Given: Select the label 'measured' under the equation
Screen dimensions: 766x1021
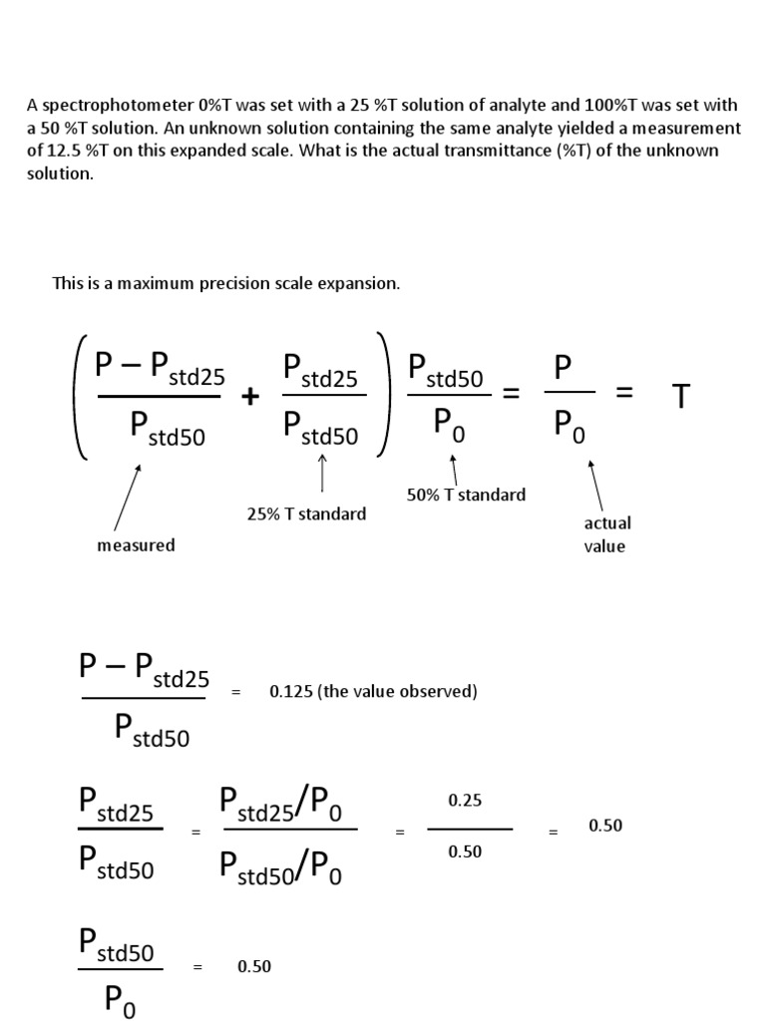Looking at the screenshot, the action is click(136, 545).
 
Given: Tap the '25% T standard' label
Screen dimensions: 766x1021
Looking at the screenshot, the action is click(306, 514).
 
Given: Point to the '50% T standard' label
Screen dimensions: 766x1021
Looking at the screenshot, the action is click(466, 495).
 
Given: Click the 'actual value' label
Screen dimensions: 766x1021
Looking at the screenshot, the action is click(606, 534).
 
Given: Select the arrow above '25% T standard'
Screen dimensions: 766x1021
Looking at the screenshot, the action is click(322, 473).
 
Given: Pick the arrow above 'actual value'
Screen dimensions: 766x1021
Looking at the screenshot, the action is click(595, 486).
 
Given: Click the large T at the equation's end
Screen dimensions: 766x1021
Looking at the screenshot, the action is click(681, 397).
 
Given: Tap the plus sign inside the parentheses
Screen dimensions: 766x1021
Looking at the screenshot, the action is click(249, 397).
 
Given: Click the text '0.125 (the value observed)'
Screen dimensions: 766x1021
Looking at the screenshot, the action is click(373, 691).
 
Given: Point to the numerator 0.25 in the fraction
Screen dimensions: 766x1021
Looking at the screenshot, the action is click(465, 801).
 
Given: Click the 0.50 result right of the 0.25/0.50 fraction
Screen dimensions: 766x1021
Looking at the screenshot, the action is click(605, 826).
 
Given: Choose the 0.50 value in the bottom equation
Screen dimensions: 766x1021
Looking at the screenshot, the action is click(254, 966).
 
